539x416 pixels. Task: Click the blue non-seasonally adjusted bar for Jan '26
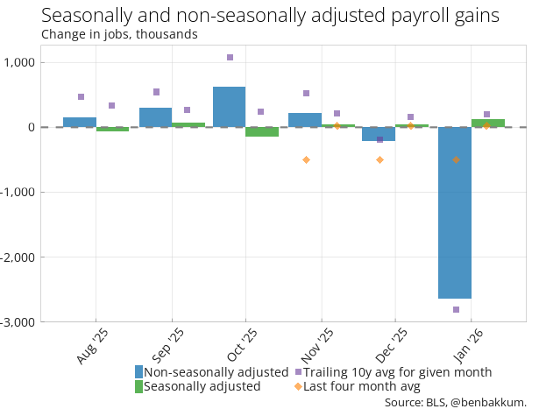coord(455,213)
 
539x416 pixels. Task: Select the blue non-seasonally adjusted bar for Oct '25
coord(229,107)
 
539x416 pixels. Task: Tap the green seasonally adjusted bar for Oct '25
coord(262,131)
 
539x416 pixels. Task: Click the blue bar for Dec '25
coord(379,134)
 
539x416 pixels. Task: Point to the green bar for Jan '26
coord(487,123)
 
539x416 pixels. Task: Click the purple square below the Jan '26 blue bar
coord(456,310)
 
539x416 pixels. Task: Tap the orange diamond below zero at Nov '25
coord(306,159)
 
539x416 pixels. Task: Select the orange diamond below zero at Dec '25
coord(379,159)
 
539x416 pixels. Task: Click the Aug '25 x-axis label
coord(90,346)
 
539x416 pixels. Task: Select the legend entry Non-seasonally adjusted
coord(216,371)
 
